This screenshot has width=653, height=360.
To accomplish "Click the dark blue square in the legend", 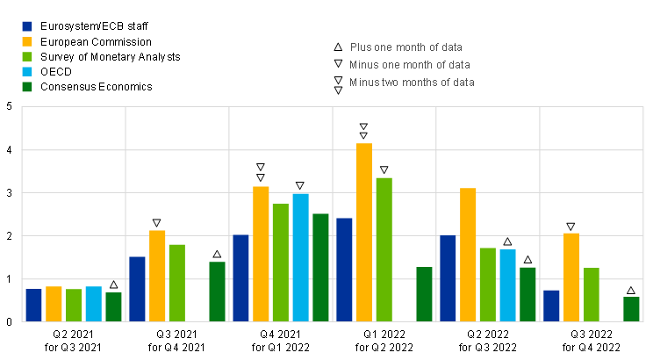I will click(x=27, y=26).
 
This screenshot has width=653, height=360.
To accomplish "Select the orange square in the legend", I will click(x=27, y=41).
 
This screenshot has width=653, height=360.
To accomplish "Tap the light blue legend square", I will click(x=27, y=72).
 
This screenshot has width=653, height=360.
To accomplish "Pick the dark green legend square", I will click(x=27, y=87).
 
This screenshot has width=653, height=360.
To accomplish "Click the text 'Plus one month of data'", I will click(x=406, y=47).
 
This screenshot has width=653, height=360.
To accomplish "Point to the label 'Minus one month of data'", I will click(x=410, y=65).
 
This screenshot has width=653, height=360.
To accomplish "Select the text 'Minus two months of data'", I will click(x=413, y=83).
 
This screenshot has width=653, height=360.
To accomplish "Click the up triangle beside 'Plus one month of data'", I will click(x=338, y=47).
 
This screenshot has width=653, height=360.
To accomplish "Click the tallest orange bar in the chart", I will click(x=364, y=232).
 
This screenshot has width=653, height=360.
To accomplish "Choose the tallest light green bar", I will click(x=384, y=249).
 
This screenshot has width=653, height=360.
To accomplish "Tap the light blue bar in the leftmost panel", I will click(x=93, y=304).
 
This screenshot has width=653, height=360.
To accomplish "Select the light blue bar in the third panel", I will click(x=300, y=257).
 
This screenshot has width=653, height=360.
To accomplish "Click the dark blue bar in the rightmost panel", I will click(x=551, y=306).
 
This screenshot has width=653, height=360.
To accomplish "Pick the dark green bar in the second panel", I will click(x=217, y=292).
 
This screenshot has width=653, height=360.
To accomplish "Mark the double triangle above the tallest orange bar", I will click(x=363, y=131).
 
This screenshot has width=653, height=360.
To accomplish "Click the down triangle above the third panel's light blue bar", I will click(x=299, y=185).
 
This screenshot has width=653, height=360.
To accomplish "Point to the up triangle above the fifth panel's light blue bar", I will click(x=507, y=241).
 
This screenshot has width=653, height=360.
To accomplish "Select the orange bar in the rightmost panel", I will click(x=571, y=277).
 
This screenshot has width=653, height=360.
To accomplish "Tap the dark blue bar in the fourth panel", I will click(x=344, y=270).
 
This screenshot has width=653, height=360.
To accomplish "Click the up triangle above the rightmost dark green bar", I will click(x=631, y=291).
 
